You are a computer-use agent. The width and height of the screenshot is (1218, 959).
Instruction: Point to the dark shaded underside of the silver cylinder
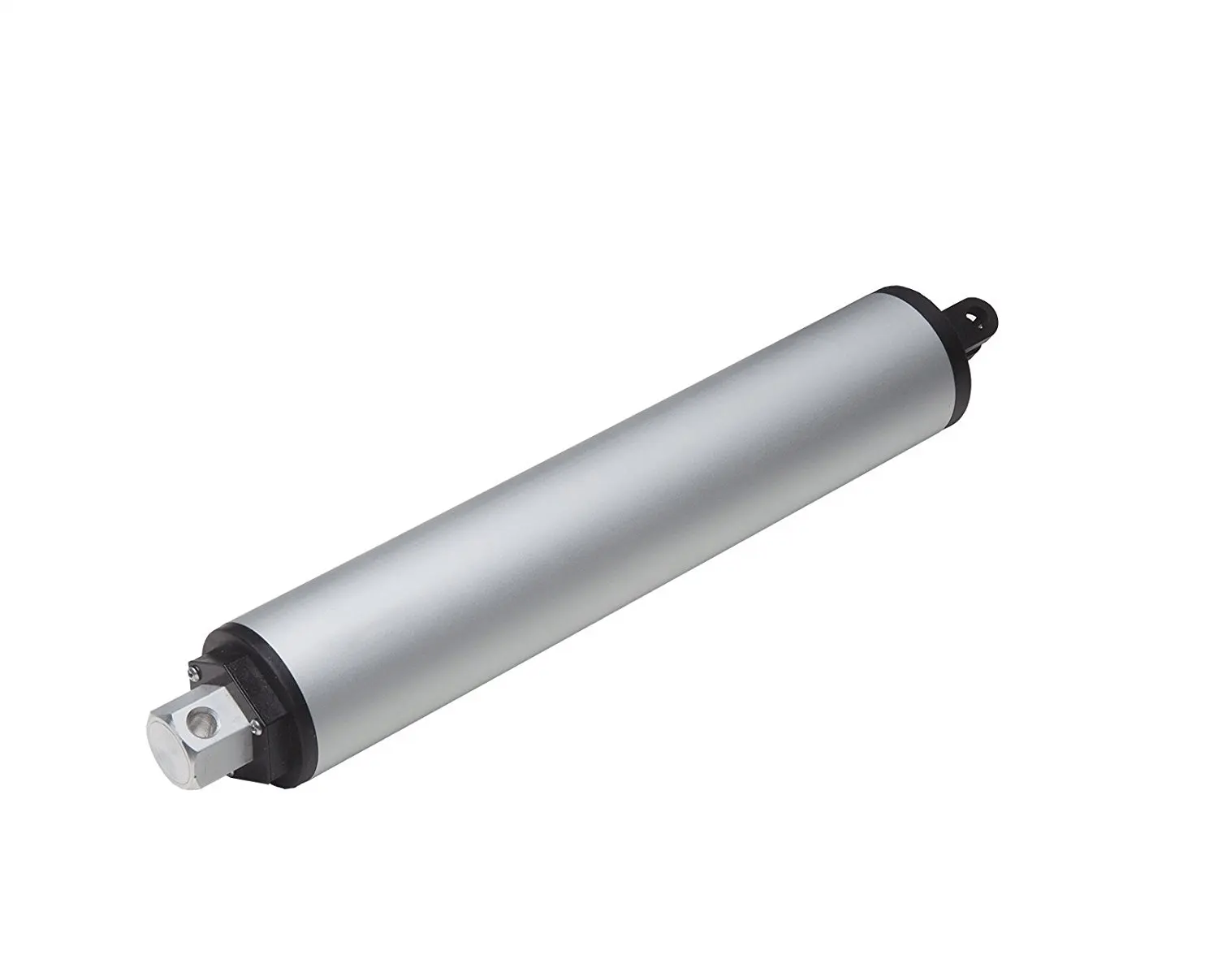(650, 560)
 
